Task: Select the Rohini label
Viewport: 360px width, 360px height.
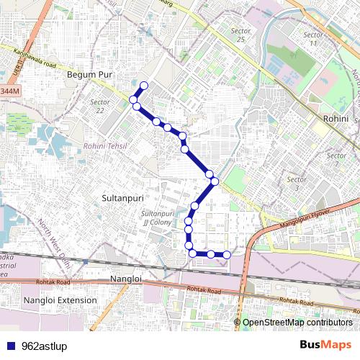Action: tap(336, 118)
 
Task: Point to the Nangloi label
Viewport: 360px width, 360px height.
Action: tap(127, 278)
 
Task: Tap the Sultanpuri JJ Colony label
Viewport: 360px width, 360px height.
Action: tap(157, 218)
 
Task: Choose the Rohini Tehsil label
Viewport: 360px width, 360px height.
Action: tap(105, 146)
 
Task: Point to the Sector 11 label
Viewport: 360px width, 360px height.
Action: tap(312, 39)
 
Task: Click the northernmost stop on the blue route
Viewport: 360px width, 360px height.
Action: tap(143, 86)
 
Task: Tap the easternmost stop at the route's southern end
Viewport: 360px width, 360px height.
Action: tap(226, 253)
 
